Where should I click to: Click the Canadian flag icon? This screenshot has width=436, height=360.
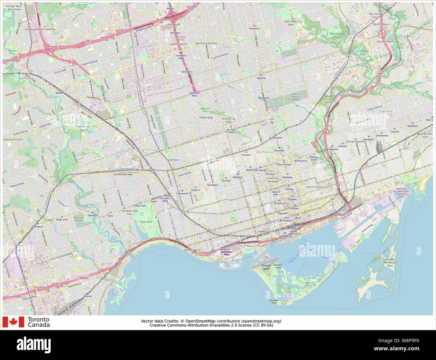(x=13, y=322)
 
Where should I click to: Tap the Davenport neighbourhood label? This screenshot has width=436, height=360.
(x=173, y=160)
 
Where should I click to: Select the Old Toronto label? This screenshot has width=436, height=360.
(x=265, y=152)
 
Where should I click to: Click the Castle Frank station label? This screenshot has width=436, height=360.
(x=314, y=158)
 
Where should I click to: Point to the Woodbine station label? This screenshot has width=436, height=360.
(x=413, y=126)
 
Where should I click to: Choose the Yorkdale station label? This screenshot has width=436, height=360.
(x=175, y=33)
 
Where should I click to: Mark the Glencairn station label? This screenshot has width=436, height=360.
(x=186, y=72)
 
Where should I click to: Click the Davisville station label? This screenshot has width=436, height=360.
(x=264, y=98)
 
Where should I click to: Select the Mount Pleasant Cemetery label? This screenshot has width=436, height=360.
(x=295, y=97)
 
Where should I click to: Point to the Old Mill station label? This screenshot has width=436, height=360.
(x=92, y=216)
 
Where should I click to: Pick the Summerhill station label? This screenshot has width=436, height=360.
(x=275, y=138)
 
